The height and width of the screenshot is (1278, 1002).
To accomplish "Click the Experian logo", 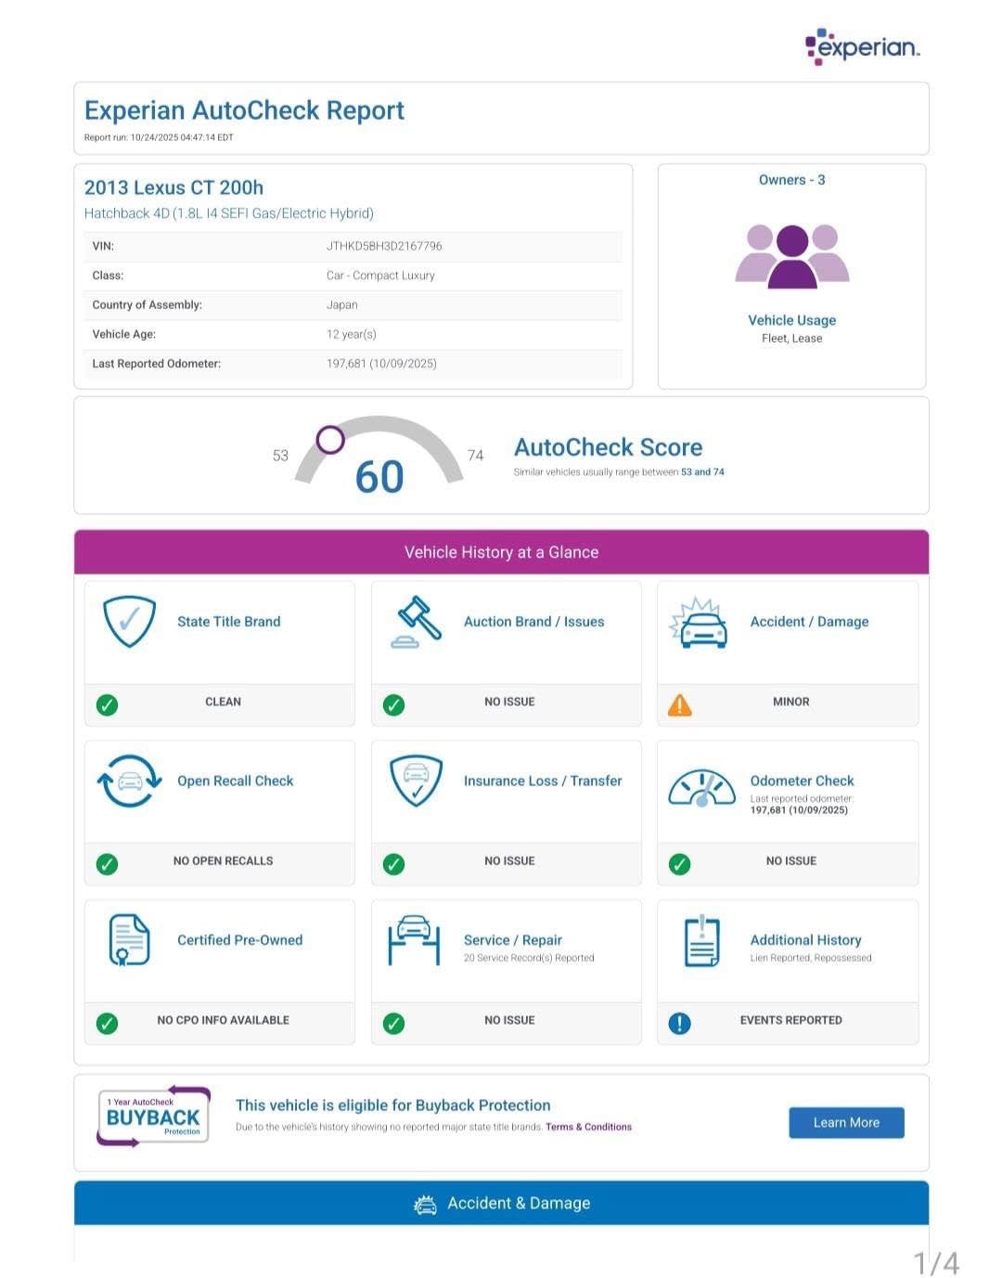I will pyautogui.click(x=862, y=46).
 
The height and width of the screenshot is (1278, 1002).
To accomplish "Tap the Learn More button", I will pyautogui.click(x=846, y=1122).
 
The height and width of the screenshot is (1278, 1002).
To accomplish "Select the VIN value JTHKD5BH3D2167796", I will pyautogui.click(x=384, y=246).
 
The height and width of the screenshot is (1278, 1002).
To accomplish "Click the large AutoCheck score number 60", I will pyautogui.click(x=379, y=477).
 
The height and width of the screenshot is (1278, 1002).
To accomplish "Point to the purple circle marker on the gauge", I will pyautogui.click(x=330, y=439).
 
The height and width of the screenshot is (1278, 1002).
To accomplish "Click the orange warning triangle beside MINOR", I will pyautogui.click(x=680, y=705).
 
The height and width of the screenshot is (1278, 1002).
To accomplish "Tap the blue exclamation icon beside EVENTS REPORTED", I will pyautogui.click(x=680, y=1023).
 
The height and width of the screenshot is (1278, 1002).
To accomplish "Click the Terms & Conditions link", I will pyautogui.click(x=588, y=1127).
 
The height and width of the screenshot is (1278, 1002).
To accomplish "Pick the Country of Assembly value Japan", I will pyautogui.click(x=342, y=304).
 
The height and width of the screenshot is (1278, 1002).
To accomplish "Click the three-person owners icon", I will pyautogui.click(x=792, y=256).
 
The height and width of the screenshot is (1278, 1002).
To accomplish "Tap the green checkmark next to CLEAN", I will pyautogui.click(x=108, y=705).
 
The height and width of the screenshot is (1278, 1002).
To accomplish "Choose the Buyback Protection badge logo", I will pyautogui.click(x=154, y=1117).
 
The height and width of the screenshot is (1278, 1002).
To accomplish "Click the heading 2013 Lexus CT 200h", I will pyautogui.click(x=173, y=187).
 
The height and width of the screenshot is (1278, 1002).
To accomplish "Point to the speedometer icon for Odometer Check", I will pyautogui.click(x=701, y=788).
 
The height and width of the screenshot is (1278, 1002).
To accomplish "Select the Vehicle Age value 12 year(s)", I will pyautogui.click(x=352, y=334).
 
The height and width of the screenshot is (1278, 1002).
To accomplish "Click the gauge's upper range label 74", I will pyautogui.click(x=475, y=455).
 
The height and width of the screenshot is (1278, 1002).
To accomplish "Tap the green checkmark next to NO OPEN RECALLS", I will pyautogui.click(x=108, y=864).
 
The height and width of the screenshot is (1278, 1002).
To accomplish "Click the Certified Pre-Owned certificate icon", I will pyautogui.click(x=129, y=939).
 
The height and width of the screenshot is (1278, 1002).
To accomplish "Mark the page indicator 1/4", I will pyautogui.click(x=935, y=1263).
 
